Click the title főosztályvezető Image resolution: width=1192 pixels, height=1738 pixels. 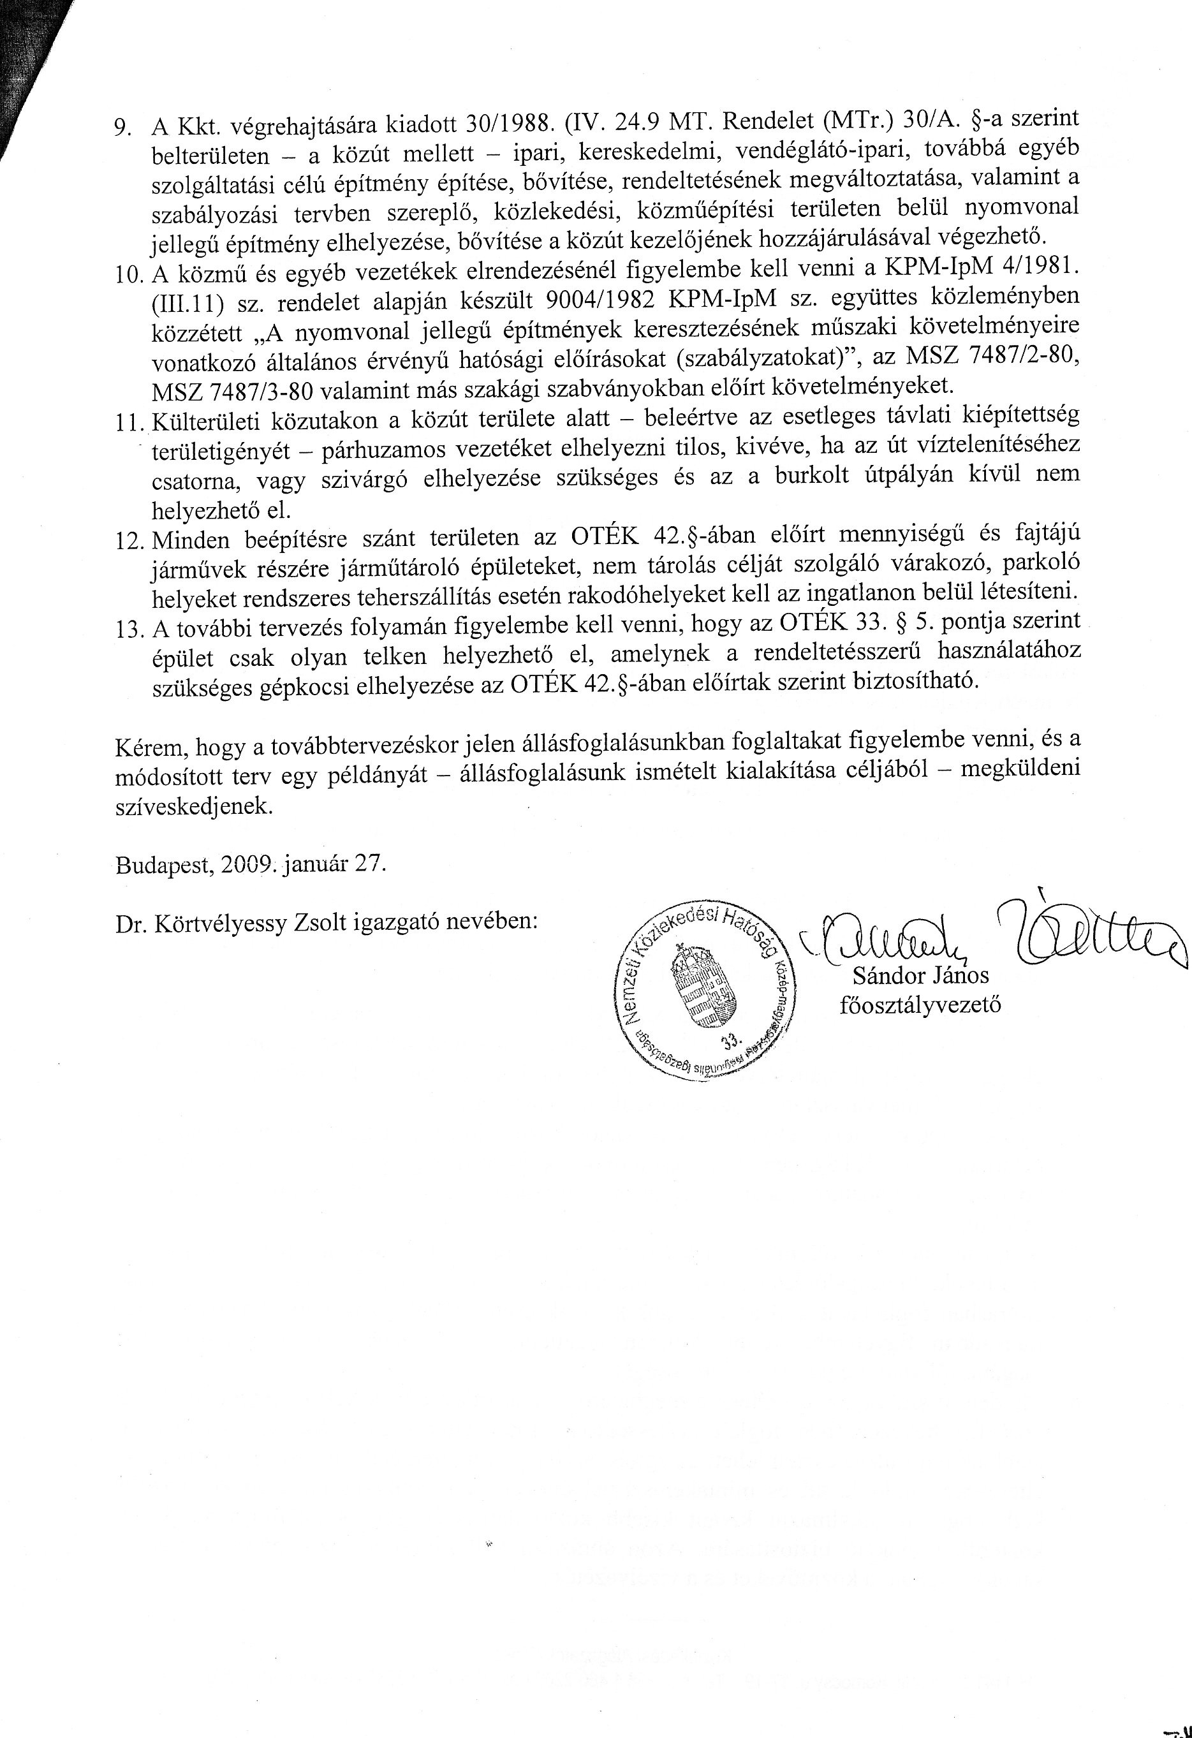point(920,1005)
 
